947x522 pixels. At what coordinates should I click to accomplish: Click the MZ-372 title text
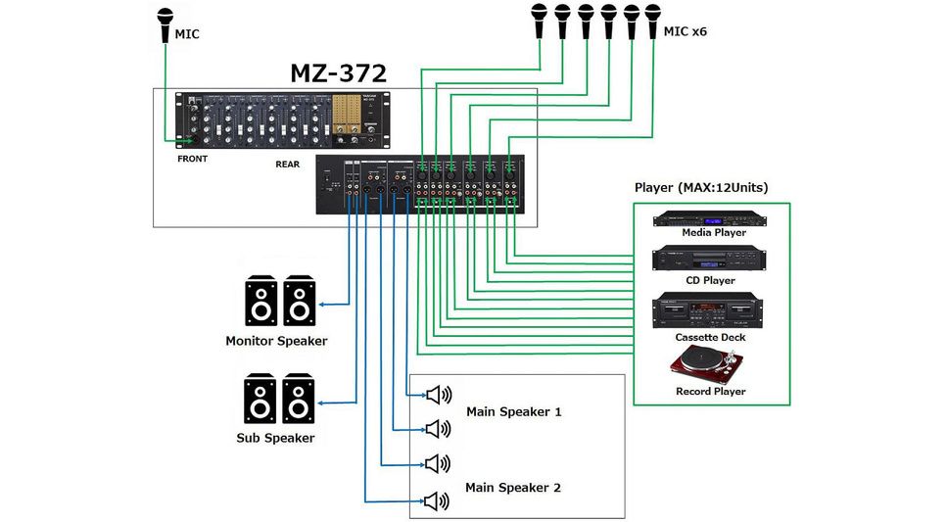[x=337, y=72]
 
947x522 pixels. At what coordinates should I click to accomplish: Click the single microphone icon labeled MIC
[x=164, y=24]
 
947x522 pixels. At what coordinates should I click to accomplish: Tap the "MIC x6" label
[x=685, y=32]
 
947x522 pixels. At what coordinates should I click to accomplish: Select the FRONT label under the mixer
[x=192, y=158]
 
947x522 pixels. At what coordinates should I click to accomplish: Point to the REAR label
[x=287, y=165]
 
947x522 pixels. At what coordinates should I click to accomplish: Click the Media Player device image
[x=710, y=218]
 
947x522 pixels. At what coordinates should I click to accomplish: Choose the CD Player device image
[x=710, y=260]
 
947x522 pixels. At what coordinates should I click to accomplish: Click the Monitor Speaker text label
[x=276, y=341]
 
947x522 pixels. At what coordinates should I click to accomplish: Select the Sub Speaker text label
[x=275, y=438]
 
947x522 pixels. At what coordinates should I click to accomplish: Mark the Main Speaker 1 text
[x=513, y=411]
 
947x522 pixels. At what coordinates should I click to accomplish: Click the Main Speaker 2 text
[x=513, y=487]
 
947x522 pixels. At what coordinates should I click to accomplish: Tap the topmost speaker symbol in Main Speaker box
[x=437, y=395]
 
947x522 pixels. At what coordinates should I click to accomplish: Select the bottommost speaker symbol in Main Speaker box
[x=437, y=501]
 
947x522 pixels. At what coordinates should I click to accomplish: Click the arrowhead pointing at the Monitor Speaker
[x=323, y=305]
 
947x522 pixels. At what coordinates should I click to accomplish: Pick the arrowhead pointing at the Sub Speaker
[x=323, y=403]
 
